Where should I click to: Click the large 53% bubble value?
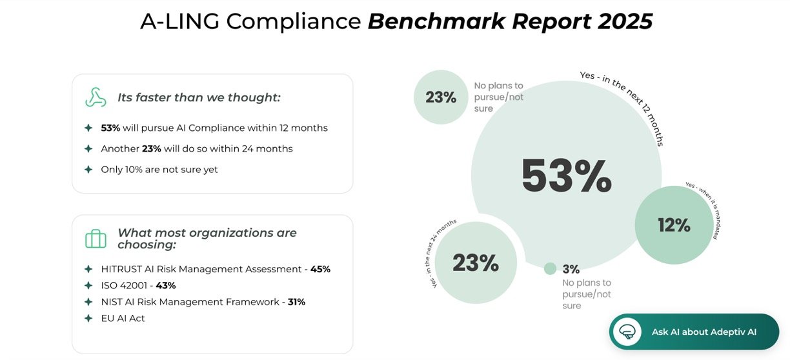[x=566, y=176]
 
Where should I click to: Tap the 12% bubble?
[x=674, y=225]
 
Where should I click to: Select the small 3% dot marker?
[x=550, y=268]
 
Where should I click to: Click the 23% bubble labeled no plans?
[x=441, y=97]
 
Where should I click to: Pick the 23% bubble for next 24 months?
[x=476, y=263]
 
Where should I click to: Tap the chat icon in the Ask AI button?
[x=627, y=332]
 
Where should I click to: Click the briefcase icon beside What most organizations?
[x=96, y=239]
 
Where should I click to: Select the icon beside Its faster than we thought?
[x=96, y=97]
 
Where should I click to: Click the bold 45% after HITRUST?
[x=320, y=269]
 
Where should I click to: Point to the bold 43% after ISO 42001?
[x=165, y=285]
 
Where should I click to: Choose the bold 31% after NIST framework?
[x=296, y=302]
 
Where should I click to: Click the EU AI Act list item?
[x=123, y=318]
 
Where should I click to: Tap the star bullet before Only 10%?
[x=88, y=170]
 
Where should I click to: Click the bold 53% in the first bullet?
[x=110, y=128]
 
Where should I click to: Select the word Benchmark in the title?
[x=436, y=22]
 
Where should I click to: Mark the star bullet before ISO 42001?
[x=88, y=285]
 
